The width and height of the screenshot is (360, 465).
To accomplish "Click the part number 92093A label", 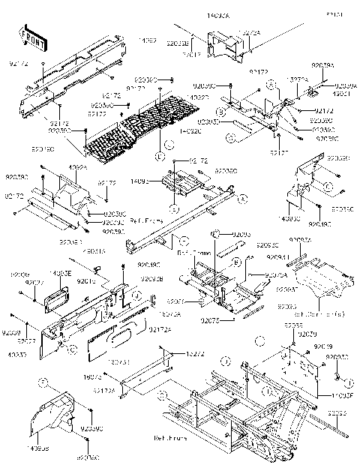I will pyautogui.click(x=301, y=240).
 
